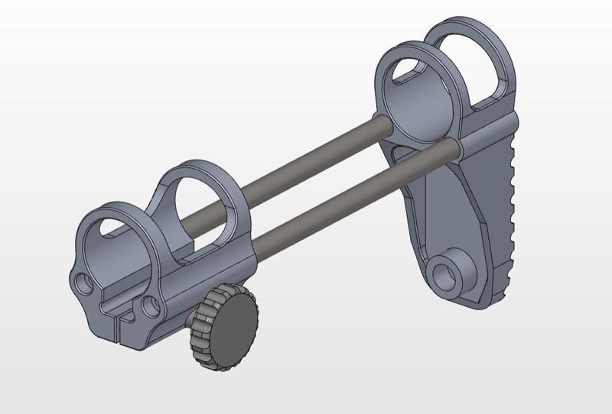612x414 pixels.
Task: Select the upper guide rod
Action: click(x=306, y=163)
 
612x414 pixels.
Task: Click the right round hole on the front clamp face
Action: click(x=149, y=306)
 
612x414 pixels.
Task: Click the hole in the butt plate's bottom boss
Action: click(x=444, y=273)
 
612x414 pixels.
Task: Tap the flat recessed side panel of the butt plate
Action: click(x=451, y=214)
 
